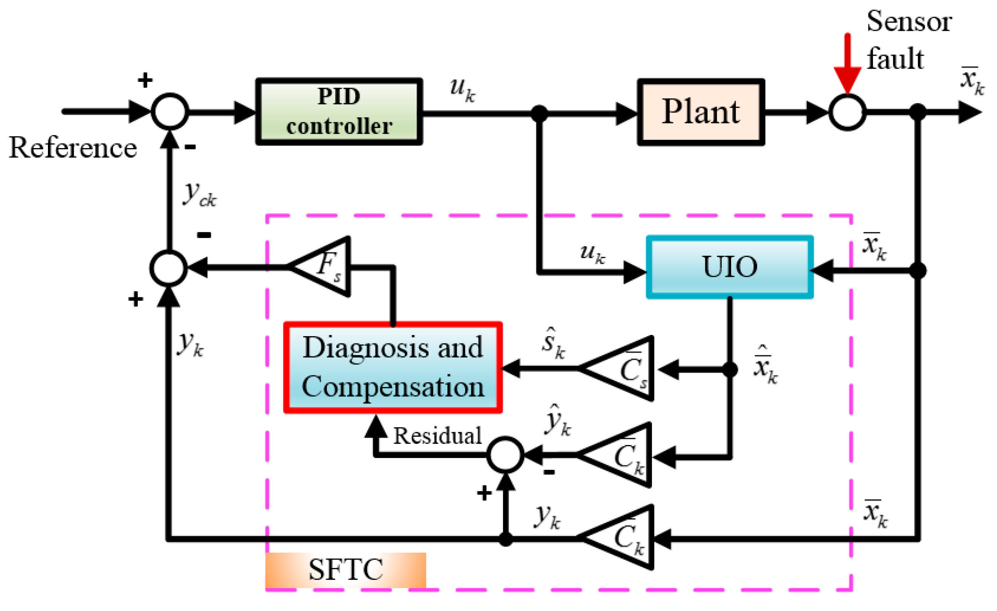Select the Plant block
[701, 112]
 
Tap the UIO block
[730, 268]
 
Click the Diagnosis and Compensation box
[393, 368]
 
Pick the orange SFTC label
[345, 570]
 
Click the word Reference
[73, 148]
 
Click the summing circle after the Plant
[847, 112]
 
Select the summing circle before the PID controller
[170, 111]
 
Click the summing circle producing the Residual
[506, 455]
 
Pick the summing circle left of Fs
[169, 268]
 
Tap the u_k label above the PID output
[463, 90]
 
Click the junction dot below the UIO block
[730, 369]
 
